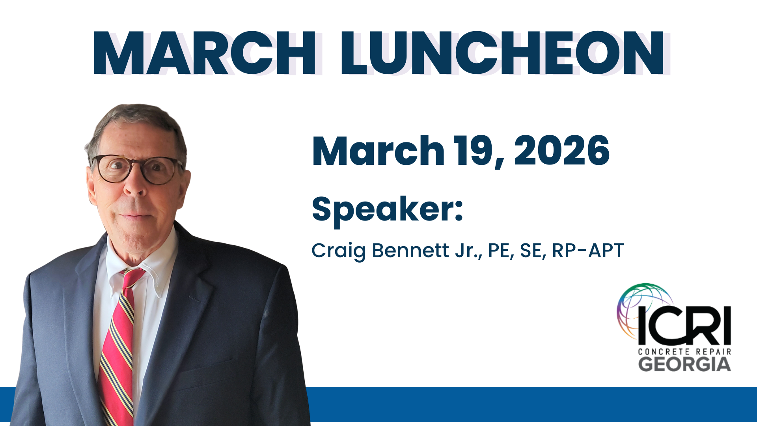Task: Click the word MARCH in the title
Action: [x=204, y=53]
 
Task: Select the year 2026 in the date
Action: [x=561, y=151]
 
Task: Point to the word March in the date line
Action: [x=378, y=151]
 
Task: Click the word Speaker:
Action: [x=387, y=210]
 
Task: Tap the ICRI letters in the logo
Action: [x=684, y=326]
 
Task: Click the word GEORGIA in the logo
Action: [x=684, y=364]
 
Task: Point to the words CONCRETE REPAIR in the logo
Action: [x=684, y=351]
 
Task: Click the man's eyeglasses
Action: [x=136, y=169]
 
